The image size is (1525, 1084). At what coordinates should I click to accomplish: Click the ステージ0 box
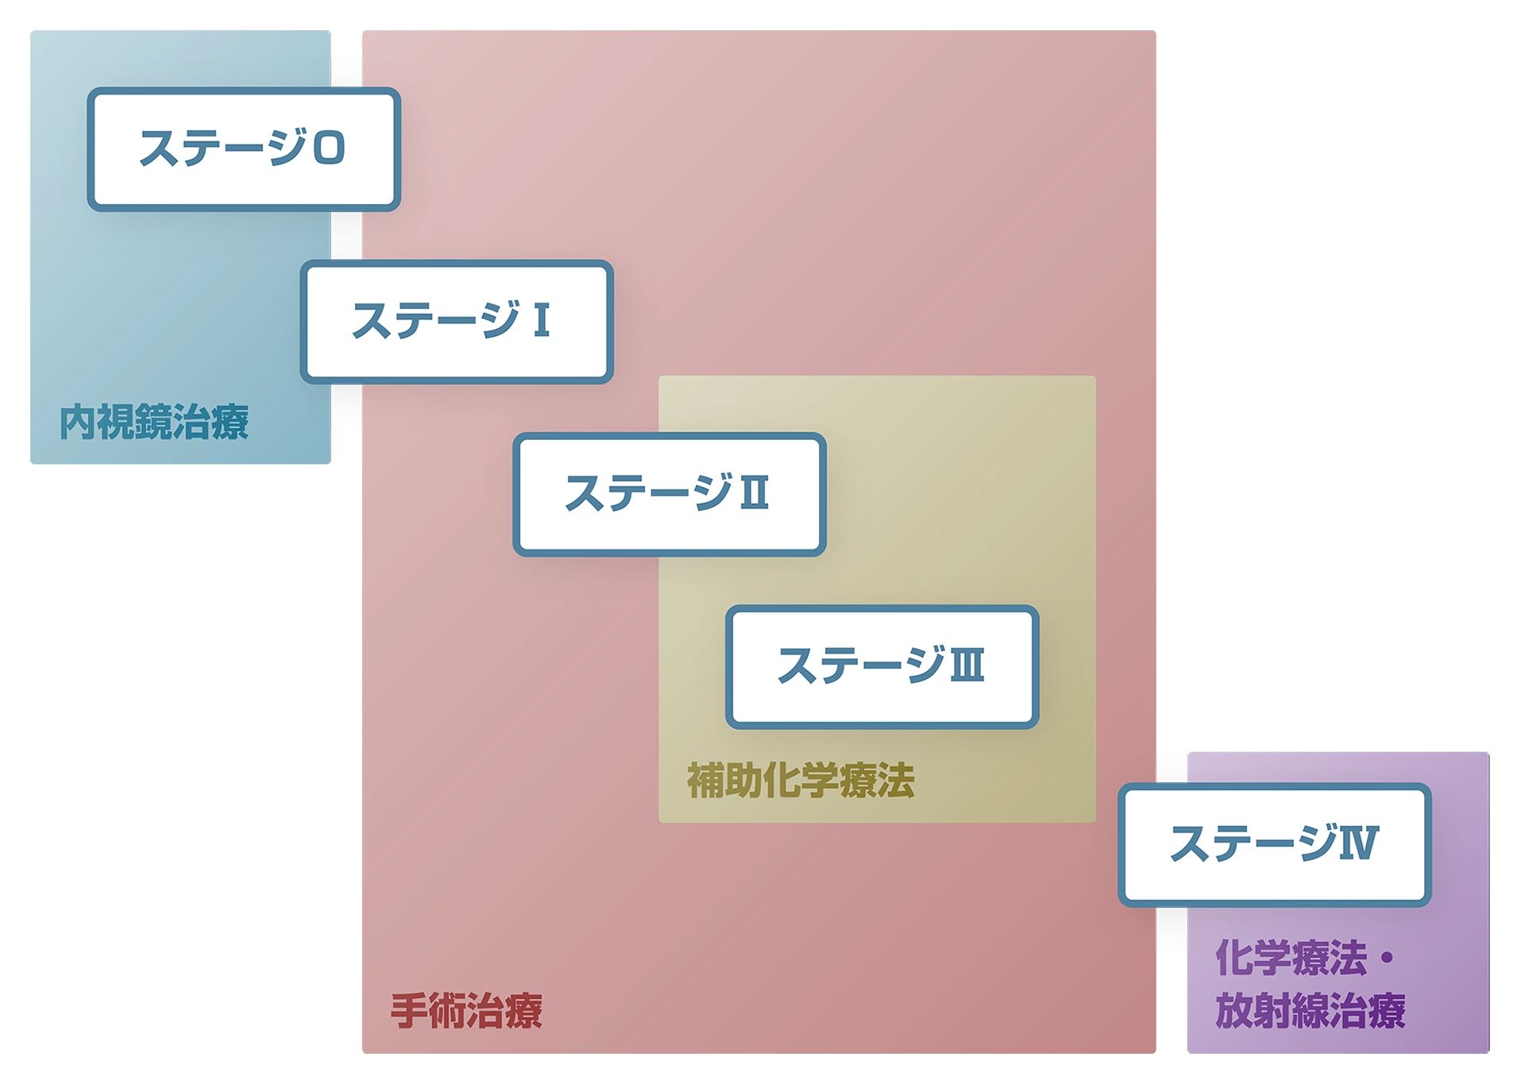click(243, 149)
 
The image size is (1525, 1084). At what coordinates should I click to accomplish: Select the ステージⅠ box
click(456, 322)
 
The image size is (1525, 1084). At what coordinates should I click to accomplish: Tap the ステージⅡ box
click(669, 494)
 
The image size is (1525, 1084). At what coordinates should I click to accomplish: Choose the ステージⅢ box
click(882, 666)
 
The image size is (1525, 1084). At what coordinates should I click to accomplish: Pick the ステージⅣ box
click(1274, 844)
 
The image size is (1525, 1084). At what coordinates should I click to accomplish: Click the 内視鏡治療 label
click(154, 422)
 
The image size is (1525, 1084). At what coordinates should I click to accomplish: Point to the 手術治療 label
click(466, 1011)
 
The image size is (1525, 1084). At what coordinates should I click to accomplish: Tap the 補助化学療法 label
click(801, 780)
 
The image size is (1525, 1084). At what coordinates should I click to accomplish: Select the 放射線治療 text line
click(1311, 1011)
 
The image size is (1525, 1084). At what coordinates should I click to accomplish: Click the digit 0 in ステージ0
click(329, 149)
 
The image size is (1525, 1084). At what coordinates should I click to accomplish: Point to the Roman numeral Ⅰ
click(542, 320)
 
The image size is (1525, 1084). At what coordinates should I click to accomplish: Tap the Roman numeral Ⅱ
click(755, 492)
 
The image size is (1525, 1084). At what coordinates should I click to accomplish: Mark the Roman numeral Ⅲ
click(967, 665)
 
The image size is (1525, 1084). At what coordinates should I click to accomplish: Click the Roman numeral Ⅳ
click(1359, 843)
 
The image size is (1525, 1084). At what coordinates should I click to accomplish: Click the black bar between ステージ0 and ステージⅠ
click(346, 235)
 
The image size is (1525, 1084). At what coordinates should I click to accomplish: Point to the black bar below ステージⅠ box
click(346, 408)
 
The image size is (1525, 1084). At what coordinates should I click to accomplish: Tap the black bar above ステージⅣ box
click(1172, 766)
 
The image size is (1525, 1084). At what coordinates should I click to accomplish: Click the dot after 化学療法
click(1387, 958)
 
